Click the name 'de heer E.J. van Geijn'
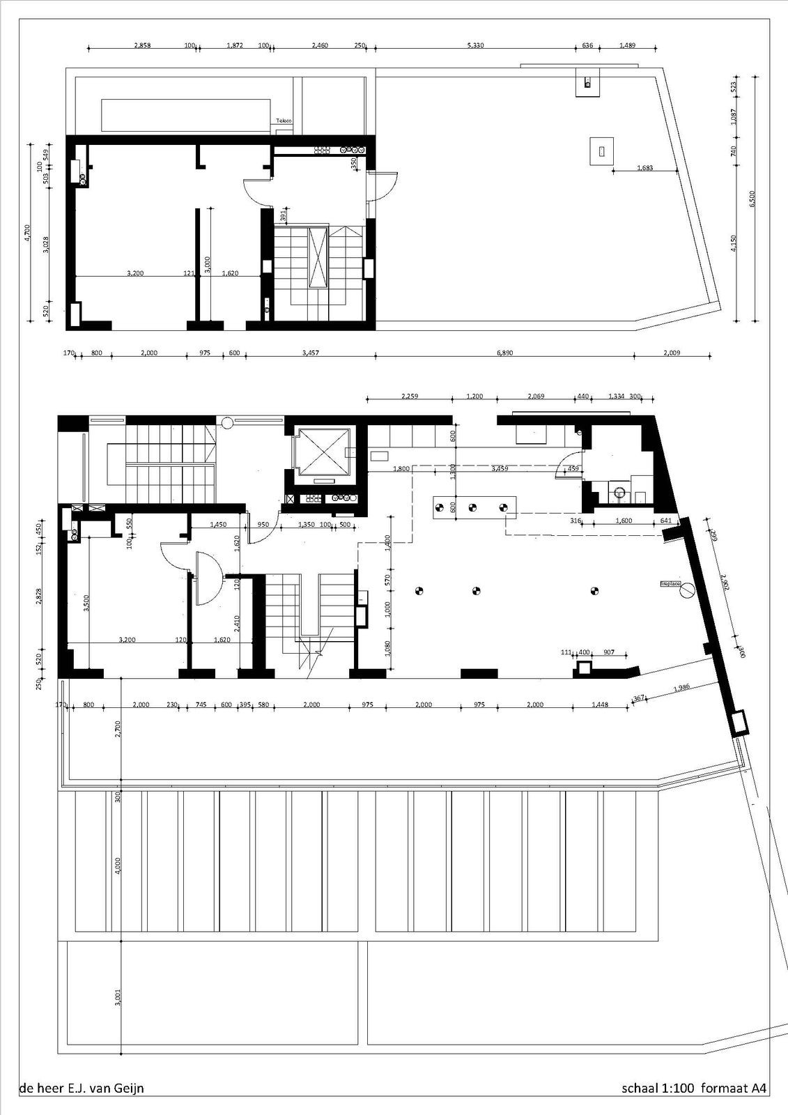point(82,1088)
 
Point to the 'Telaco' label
point(283,121)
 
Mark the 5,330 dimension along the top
point(474,45)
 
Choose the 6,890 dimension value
point(504,353)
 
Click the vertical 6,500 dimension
point(752,199)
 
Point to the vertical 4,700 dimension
point(27,232)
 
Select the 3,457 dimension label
point(311,353)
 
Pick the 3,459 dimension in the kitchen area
point(499,468)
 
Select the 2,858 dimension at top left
point(142,45)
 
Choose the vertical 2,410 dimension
point(237,622)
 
